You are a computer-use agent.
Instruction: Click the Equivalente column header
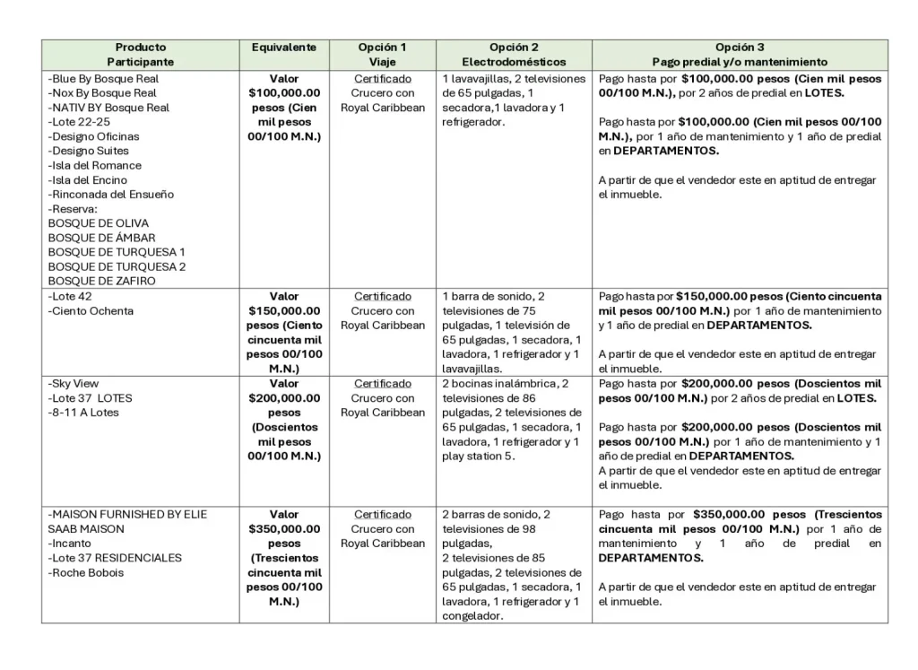tap(283, 48)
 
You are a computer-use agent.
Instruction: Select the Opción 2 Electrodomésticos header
tap(514, 55)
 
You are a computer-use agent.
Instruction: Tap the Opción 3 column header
tap(740, 55)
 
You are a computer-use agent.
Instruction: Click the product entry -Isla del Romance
tap(95, 165)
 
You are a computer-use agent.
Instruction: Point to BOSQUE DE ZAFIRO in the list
tap(101, 281)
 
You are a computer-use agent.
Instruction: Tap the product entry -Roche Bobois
tap(86, 572)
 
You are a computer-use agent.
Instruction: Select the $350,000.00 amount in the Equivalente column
tap(283, 529)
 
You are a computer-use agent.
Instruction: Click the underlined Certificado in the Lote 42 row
tap(383, 296)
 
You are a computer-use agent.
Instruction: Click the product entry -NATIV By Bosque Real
tap(108, 108)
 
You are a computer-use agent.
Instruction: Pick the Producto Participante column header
tap(141, 55)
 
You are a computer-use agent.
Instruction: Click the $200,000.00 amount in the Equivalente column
tap(283, 398)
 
